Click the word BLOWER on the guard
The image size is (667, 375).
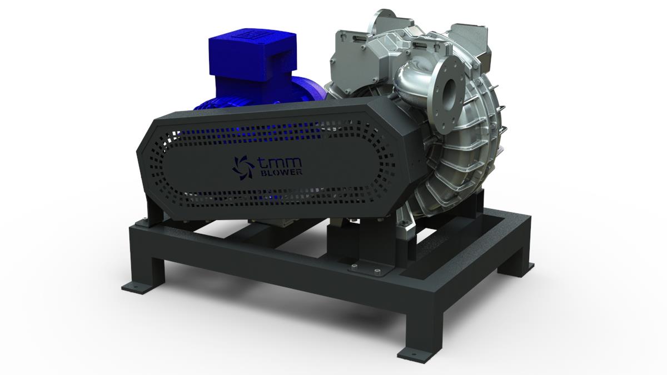pos(281,173)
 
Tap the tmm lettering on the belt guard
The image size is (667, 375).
pos(279,162)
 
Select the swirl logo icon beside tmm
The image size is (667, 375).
pos(243,167)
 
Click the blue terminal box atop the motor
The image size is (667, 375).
pos(253,57)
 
